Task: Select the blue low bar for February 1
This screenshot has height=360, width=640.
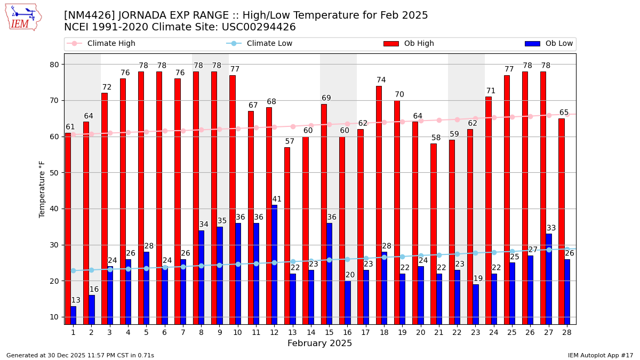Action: (73, 315)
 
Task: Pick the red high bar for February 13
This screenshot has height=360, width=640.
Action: (287, 235)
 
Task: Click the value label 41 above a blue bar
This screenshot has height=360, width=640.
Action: (277, 199)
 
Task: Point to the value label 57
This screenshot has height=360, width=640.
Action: (290, 142)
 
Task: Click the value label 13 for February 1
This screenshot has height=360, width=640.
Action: (76, 300)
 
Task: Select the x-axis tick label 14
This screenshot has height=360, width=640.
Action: (310, 332)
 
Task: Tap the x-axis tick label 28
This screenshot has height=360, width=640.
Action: (566, 332)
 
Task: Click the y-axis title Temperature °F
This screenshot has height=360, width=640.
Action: (42, 189)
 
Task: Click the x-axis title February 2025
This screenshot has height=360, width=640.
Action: (319, 343)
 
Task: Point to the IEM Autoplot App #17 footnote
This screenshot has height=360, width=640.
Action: (600, 355)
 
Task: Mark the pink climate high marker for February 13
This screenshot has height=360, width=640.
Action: (293, 126)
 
